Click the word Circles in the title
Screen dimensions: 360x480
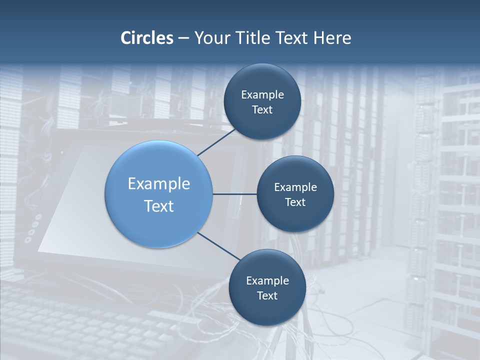click(146, 38)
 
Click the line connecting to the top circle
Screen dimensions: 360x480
click(216, 142)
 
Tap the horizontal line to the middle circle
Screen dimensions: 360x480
click(234, 194)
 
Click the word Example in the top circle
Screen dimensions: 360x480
click(262, 95)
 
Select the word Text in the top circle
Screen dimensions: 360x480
click(262, 110)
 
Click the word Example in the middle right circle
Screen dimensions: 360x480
click(295, 187)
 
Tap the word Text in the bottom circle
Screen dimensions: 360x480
click(267, 296)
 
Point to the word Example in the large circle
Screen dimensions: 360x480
click(159, 184)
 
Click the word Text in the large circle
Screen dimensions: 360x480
click(159, 206)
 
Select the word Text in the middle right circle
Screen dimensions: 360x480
click(295, 202)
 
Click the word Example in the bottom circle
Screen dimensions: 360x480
click(267, 281)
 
